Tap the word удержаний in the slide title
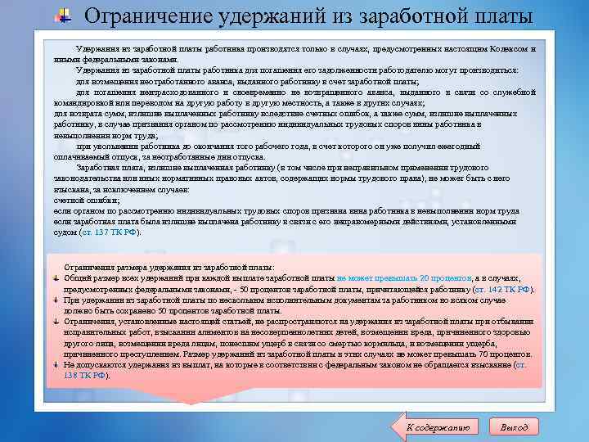point(252,16)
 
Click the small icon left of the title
point(64,16)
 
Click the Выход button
point(514,426)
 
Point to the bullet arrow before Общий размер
point(55,278)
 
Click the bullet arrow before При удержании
point(55,300)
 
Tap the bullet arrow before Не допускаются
point(55,365)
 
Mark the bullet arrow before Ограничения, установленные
point(55,322)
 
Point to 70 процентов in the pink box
point(505,354)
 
